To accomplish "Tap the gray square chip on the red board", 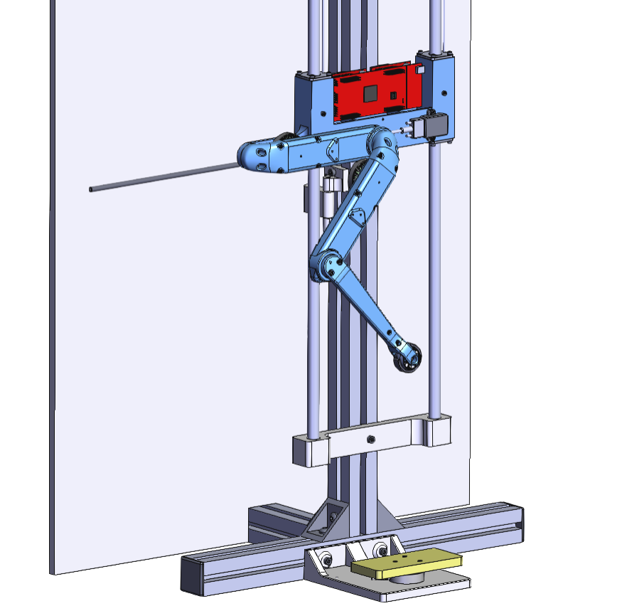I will (x=370, y=93).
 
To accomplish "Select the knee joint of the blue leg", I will (x=328, y=266).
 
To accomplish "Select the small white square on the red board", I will (x=419, y=70).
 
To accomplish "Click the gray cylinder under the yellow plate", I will (x=408, y=580).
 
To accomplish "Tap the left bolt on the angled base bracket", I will (x=326, y=560).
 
